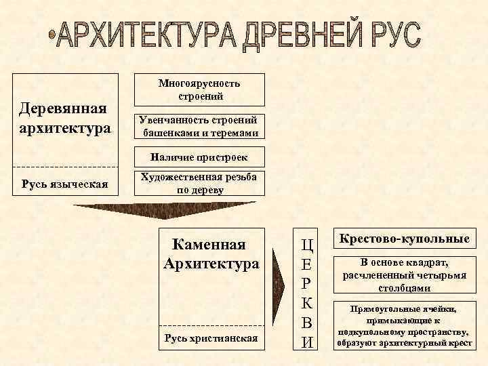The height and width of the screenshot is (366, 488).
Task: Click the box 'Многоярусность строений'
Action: (x=199, y=89)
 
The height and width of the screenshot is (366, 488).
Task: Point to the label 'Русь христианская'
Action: (x=211, y=337)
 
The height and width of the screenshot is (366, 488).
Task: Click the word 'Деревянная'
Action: (x=63, y=108)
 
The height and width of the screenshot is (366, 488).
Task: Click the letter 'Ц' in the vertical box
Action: (x=307, y=243)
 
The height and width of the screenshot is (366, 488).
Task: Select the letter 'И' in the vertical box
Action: (x=307, y=342)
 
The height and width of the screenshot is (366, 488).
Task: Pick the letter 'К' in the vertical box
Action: (x=307, y=302)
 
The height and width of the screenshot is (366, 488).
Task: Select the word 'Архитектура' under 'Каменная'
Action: (x=211, y=262)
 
